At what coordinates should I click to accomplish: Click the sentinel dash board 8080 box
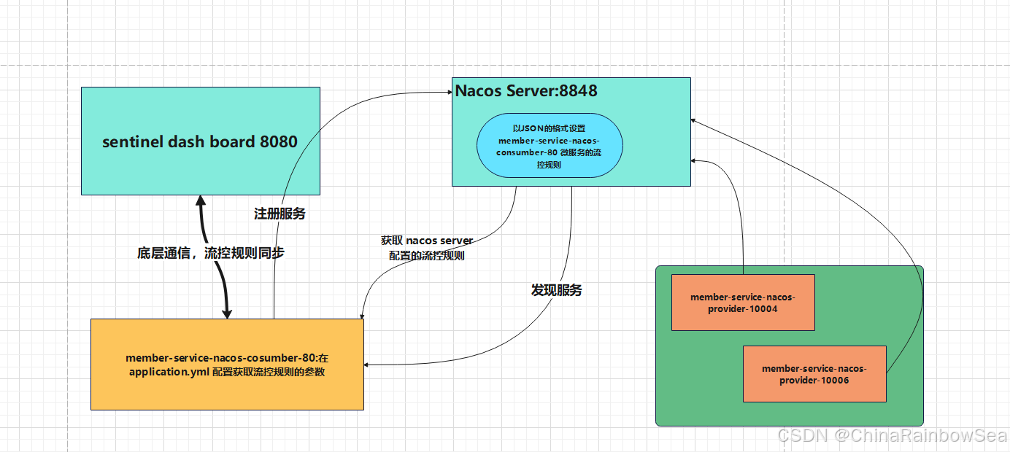click(200, 141)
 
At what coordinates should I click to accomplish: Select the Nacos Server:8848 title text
click(526, 91)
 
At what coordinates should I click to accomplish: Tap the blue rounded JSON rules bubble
click(550, 146)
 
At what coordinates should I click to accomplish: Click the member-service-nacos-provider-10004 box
click(742, 303)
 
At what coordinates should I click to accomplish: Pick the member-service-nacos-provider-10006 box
click(814, 374)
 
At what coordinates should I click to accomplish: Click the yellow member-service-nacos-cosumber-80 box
click(227, 365)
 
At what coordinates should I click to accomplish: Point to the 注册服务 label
click(280, 214)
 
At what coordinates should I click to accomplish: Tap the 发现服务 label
click(556, 290)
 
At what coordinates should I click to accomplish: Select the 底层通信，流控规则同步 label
click(211, 254)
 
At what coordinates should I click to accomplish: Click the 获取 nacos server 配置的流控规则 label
click(427, 249)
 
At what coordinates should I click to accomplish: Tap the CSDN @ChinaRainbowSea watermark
click(891, 436)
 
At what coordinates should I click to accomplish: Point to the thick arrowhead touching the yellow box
click(227, 313)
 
